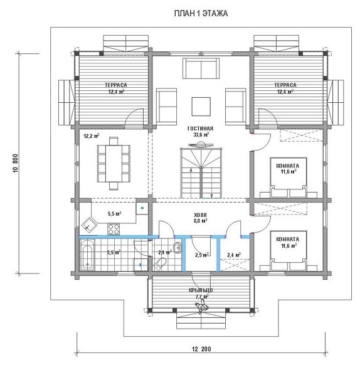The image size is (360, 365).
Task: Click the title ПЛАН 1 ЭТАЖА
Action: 201,14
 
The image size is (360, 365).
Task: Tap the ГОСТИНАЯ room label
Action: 200,129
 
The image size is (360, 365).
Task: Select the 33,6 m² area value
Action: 201,134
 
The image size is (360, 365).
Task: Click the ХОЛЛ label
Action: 200,215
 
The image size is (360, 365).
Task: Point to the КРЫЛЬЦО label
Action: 201,290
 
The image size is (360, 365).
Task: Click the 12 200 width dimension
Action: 201,349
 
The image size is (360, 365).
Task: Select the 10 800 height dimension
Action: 16,163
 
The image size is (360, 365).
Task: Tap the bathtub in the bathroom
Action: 87,255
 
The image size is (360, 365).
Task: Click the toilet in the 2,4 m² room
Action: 160,264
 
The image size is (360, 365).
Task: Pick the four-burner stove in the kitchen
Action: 114,228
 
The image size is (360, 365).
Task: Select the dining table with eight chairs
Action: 114,163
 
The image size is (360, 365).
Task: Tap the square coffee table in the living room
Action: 201,107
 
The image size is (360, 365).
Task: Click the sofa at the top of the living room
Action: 201,68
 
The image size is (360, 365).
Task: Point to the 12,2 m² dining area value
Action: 92,136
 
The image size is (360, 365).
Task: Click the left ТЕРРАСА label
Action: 116,85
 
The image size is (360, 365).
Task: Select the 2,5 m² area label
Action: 202,255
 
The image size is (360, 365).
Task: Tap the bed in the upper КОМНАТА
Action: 288,177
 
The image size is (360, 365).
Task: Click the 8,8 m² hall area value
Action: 201,221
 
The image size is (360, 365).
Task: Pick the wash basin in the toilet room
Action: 177,247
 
